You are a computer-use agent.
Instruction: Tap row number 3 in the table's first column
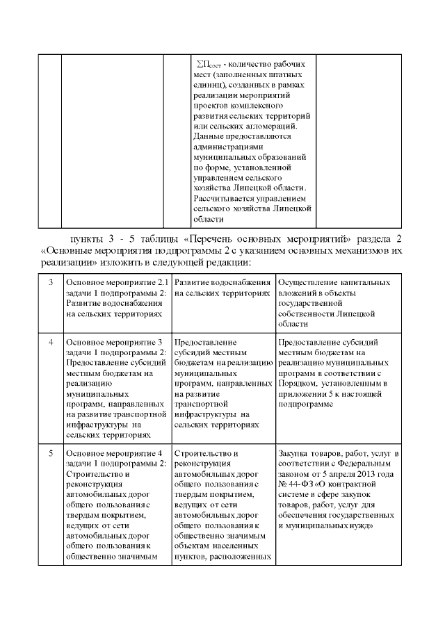tap(50, 283)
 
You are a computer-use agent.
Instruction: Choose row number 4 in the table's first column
tap(50, 343)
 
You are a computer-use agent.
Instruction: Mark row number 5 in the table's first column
tap(50, 454)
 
